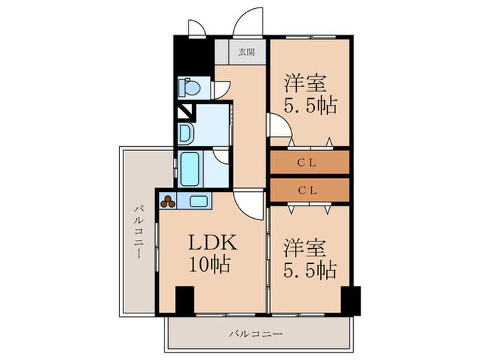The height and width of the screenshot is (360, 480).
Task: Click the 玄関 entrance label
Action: [243, 52]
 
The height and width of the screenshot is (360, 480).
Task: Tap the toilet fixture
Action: [189, 87]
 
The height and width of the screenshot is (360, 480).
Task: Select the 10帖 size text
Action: [211, 265]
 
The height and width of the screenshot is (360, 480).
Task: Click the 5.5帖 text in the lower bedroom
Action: [310, 269]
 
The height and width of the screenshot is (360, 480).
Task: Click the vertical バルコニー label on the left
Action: [139, 231]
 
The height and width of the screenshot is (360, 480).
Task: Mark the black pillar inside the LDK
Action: [184, 300]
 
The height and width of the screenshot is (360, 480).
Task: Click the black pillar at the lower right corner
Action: [350, 300]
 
